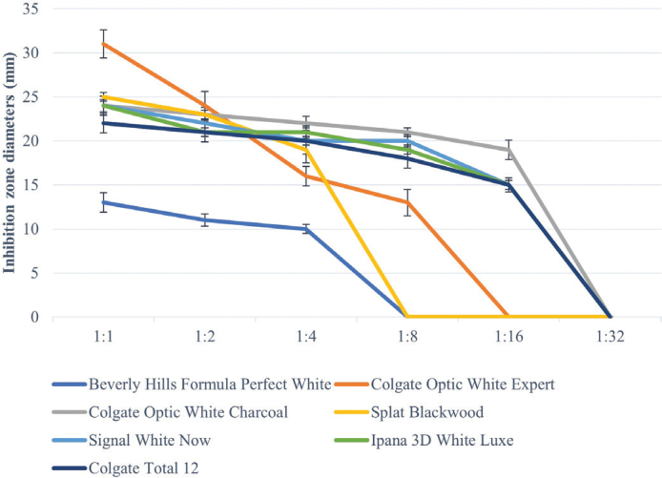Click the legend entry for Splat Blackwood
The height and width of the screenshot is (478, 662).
coord(409,412)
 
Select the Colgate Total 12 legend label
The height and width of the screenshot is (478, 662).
coord(125,468)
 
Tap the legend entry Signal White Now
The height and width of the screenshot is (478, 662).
coord(132,440)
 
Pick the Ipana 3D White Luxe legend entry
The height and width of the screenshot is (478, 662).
coord(424,440)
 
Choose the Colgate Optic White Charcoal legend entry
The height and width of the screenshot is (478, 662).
coord(170,412)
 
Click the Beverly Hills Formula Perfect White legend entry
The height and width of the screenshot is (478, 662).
coord(192,384)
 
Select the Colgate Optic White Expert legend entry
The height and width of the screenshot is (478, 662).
coord(445,384)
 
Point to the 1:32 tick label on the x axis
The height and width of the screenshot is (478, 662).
coord(610,337)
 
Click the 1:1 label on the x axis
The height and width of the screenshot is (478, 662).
coord(103,337)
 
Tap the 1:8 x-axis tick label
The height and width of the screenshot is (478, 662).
coord(407,337)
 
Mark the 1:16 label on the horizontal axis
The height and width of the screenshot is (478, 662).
coord(508,337)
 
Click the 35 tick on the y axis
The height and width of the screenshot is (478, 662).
coord(31,9)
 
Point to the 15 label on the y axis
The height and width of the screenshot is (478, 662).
coord(31,185)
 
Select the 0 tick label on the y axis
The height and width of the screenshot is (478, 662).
coord(34,317)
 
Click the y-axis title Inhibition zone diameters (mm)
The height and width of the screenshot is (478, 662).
coord(9,162)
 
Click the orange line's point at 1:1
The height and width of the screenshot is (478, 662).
coord(103,44)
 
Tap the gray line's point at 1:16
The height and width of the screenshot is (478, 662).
coord(508,150)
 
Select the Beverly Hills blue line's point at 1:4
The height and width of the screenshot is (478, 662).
coord(306,229)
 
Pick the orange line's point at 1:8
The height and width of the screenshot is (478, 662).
coord(407,202)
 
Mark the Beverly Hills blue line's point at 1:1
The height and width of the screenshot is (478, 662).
coord(103,202)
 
